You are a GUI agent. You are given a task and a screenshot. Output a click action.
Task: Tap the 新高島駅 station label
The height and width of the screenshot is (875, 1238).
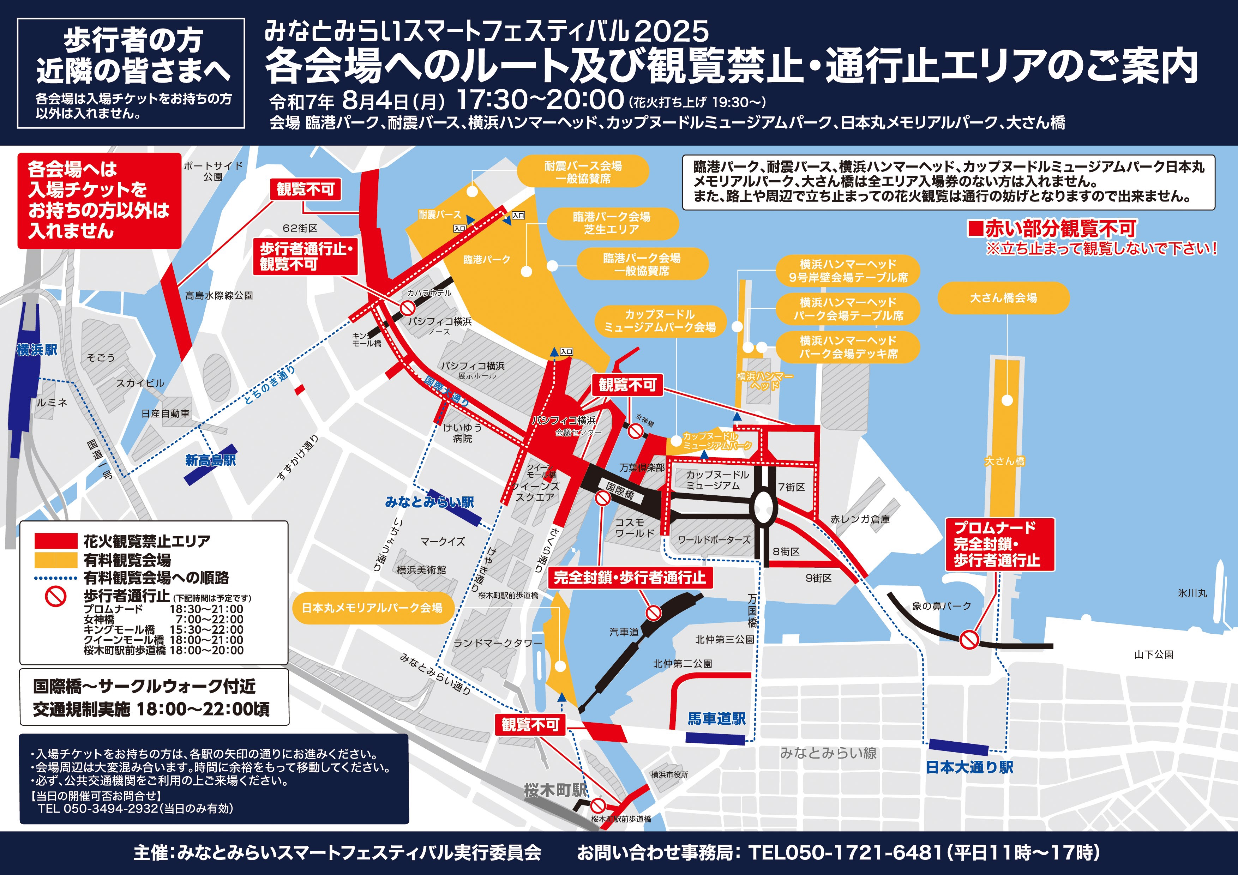tap(210, 460)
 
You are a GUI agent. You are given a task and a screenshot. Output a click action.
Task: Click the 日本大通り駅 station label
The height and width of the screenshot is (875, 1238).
tap(969, 767)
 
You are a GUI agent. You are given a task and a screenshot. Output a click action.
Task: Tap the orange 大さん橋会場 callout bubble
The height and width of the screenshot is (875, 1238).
tap(1003, 297)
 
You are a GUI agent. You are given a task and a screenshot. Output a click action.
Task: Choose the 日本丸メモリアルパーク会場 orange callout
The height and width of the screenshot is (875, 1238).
tap(372, 608)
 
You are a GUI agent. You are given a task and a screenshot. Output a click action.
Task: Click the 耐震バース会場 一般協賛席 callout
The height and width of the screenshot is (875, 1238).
tap(583, 172)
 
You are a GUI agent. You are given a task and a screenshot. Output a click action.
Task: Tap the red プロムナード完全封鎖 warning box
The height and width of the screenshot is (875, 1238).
tap(999, 544)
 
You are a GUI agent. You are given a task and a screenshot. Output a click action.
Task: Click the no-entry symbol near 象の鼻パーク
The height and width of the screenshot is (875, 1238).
tap(969, 640)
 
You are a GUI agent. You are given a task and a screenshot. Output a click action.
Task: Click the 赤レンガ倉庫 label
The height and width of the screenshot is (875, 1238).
tap(860, 519)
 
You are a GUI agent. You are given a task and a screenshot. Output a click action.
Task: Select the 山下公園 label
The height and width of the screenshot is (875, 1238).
tap(1153, 654)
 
